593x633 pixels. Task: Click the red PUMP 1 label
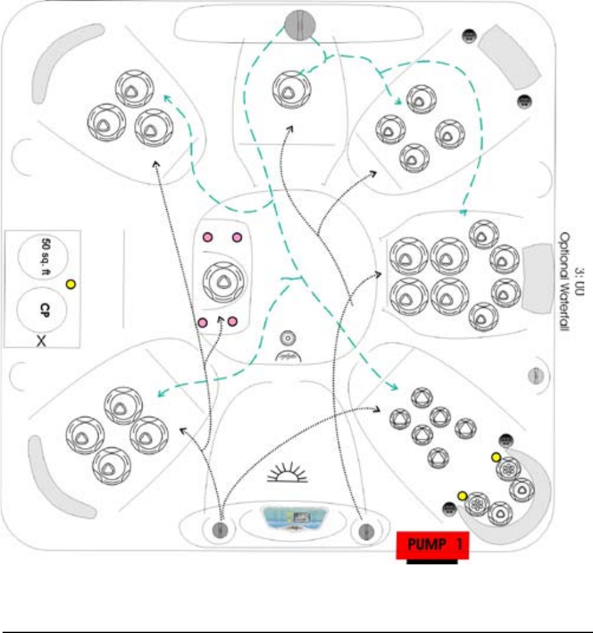[x=432, y=546]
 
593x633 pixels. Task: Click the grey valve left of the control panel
[x=221, y=529]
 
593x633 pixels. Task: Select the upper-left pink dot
[x=207, y=238]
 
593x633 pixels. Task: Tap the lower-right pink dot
[x=232, y=322]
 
